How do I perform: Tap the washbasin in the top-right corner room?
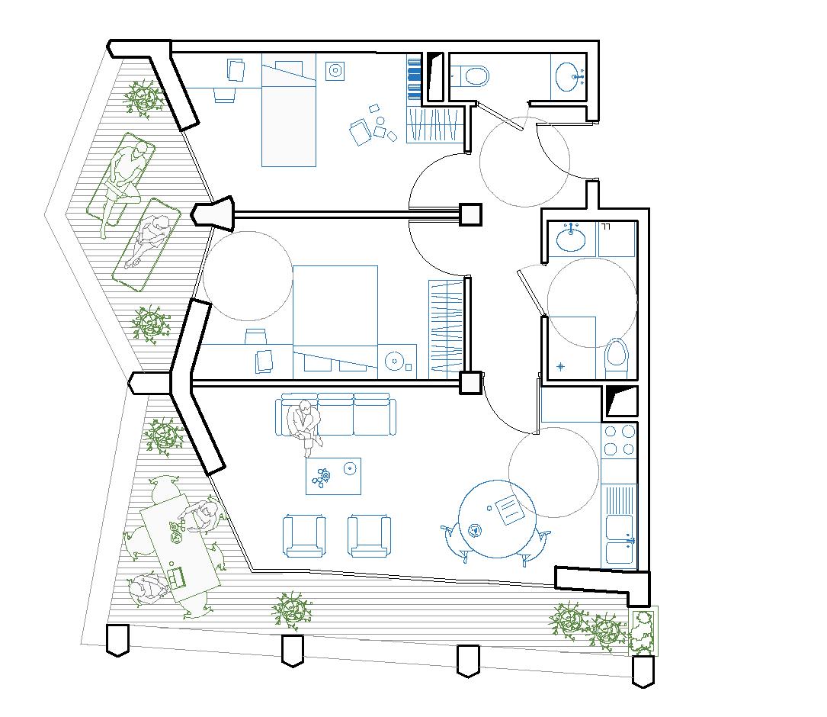pos(570,76)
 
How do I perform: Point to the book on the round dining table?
pos(508,510)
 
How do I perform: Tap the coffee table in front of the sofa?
pos(333,476)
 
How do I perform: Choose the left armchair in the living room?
pos(304,536)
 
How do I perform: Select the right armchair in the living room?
pos(369,536)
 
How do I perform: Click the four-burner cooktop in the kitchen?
pos(619,439)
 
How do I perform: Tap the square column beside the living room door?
pos(470,382)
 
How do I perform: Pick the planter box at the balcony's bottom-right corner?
pos(642,630)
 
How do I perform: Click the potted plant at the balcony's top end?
pos(143,98)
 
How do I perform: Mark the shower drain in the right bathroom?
pos(562,367)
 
